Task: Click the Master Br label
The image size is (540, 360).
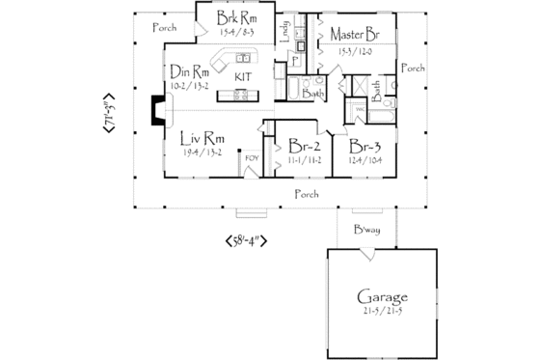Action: click(352, 34)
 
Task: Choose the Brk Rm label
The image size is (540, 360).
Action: click(234, 19)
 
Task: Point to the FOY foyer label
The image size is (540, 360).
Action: click(252, 155)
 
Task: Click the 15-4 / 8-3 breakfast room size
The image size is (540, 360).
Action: click(234, 34)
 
